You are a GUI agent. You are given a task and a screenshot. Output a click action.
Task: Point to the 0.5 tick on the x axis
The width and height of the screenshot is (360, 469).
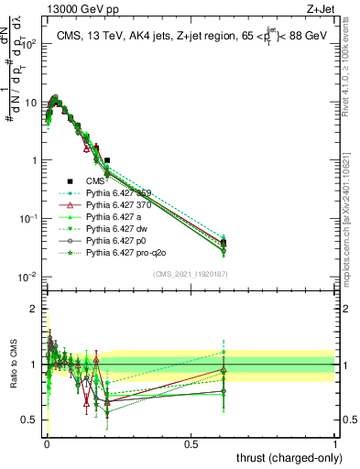(191, 443)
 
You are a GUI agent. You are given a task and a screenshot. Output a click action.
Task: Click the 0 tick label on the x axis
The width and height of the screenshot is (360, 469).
(47, 443)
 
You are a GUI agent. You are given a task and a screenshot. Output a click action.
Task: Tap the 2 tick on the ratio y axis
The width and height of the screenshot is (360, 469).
(38, 308)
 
